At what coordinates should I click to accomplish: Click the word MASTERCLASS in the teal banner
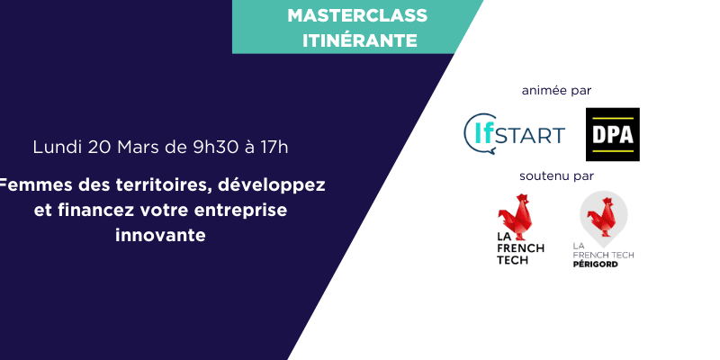357,15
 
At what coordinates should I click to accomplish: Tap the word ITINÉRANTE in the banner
357,40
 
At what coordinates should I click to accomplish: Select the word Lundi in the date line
56,146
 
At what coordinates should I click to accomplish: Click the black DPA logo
612,134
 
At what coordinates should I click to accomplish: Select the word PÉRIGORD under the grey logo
596,264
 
